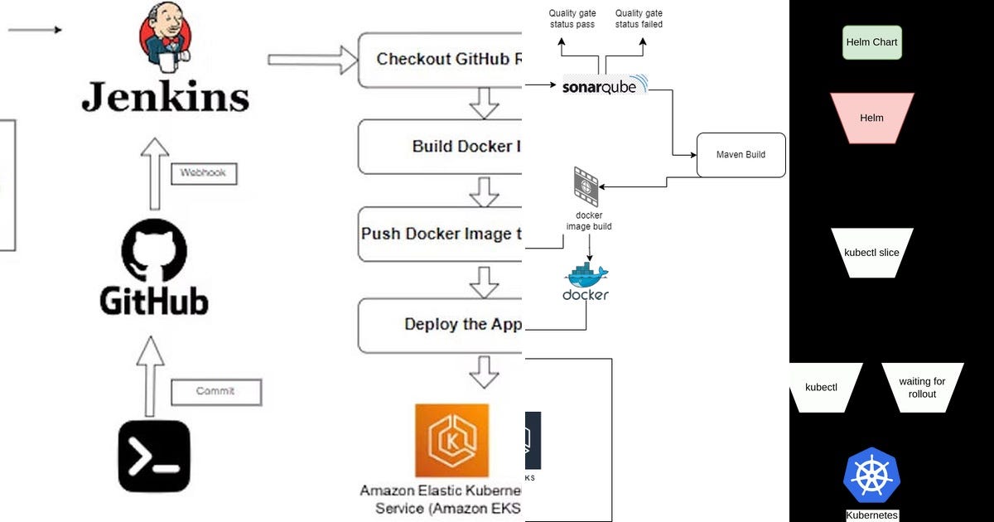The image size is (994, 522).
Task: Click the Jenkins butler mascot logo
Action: (164, 36)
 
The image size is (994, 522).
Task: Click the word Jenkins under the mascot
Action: (165, 97)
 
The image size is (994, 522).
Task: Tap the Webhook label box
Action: (203, 174)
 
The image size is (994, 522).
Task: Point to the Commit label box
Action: (215, 391)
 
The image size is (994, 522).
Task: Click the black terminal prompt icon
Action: (154, 457)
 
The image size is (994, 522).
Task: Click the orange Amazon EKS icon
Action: (451, 440)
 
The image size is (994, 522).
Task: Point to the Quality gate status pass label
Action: (572, 19)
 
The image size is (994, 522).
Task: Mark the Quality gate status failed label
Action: (639, 19)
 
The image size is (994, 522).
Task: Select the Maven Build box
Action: (741, 155)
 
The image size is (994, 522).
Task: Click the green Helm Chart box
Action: (871, 42)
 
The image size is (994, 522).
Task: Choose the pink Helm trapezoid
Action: (871, 118)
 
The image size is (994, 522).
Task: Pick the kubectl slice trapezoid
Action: (871, 253)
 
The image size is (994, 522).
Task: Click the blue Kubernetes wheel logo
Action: (871, 477)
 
